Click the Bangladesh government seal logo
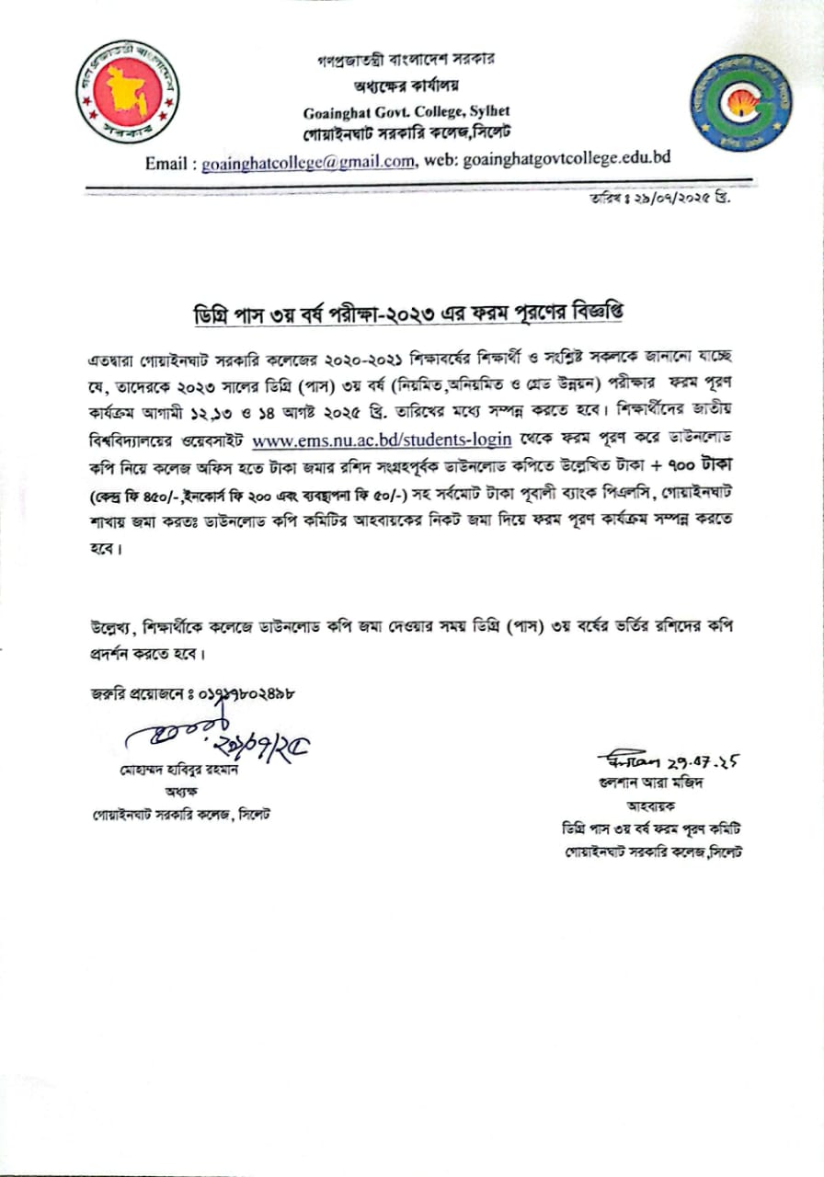coord(127,91)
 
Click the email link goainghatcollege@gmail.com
coord(308,161)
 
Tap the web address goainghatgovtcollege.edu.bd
coord(566,159)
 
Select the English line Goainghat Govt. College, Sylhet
coord(399,113)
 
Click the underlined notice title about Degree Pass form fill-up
coord(411,309)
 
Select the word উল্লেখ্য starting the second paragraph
coord(105,629)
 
